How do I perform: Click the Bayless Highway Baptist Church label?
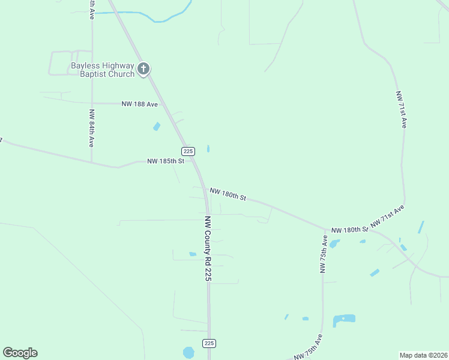(x=103, y=70)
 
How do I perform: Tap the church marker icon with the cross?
(x=143, y=69)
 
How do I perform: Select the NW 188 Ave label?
(x=139, y=104)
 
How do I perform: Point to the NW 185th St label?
(x=169, y=161)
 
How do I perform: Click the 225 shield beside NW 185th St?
(x=188, y=151)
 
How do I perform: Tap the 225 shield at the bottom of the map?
(x=209, y=343)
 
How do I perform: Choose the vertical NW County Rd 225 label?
(x=208, y=248)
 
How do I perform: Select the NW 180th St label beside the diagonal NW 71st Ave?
(x=349, y=230)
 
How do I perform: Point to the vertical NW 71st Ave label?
(x=401, y=109)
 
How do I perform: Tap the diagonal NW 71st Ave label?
(x=388, y=216)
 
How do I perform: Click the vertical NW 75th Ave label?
(x=324, y=254)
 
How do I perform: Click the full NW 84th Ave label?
(x=91, y=128)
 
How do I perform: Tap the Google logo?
(x=20, y=352)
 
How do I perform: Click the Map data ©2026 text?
(x=423, y=355)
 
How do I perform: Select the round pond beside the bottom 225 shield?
(x=188, y=352)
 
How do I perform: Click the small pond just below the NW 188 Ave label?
(x=157, y=126)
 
